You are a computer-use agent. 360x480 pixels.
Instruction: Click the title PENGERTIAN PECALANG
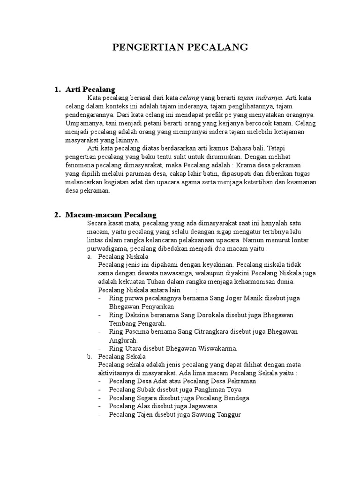point(180,47)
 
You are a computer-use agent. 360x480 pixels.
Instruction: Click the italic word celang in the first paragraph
point(190,97)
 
